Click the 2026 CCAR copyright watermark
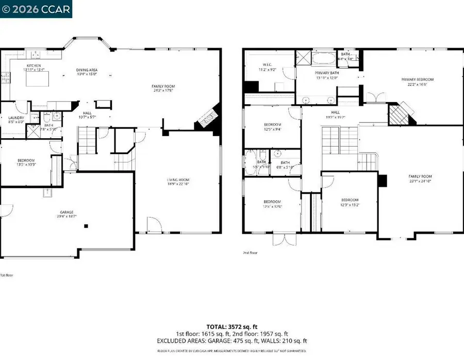pos(36,8)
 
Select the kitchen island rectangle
pos(38,80)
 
